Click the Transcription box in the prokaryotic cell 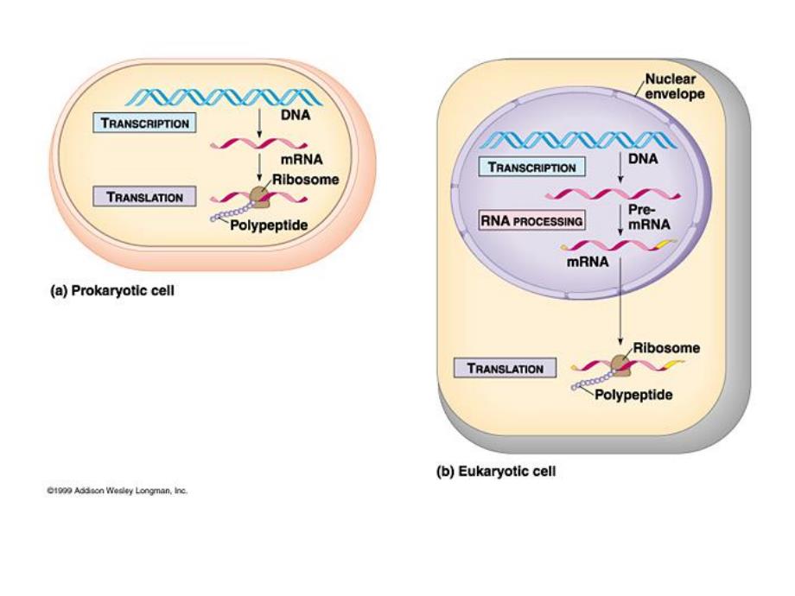(x=145, y=123)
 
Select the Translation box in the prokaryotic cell (x=144, y=197)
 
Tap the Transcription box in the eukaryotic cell (x=532, y=167)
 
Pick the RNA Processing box (x=531, y=221)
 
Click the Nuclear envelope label (x=675, y=86)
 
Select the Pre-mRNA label (x=649, y=217)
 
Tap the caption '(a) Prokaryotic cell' (x=112, y=291)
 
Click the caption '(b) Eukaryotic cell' (x=495, y=472)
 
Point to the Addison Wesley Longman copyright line (x=118, y=491)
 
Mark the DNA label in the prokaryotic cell (x=296, y=113)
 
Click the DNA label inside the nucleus (x=643, y=159)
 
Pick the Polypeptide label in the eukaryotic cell (x=633, y=395)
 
